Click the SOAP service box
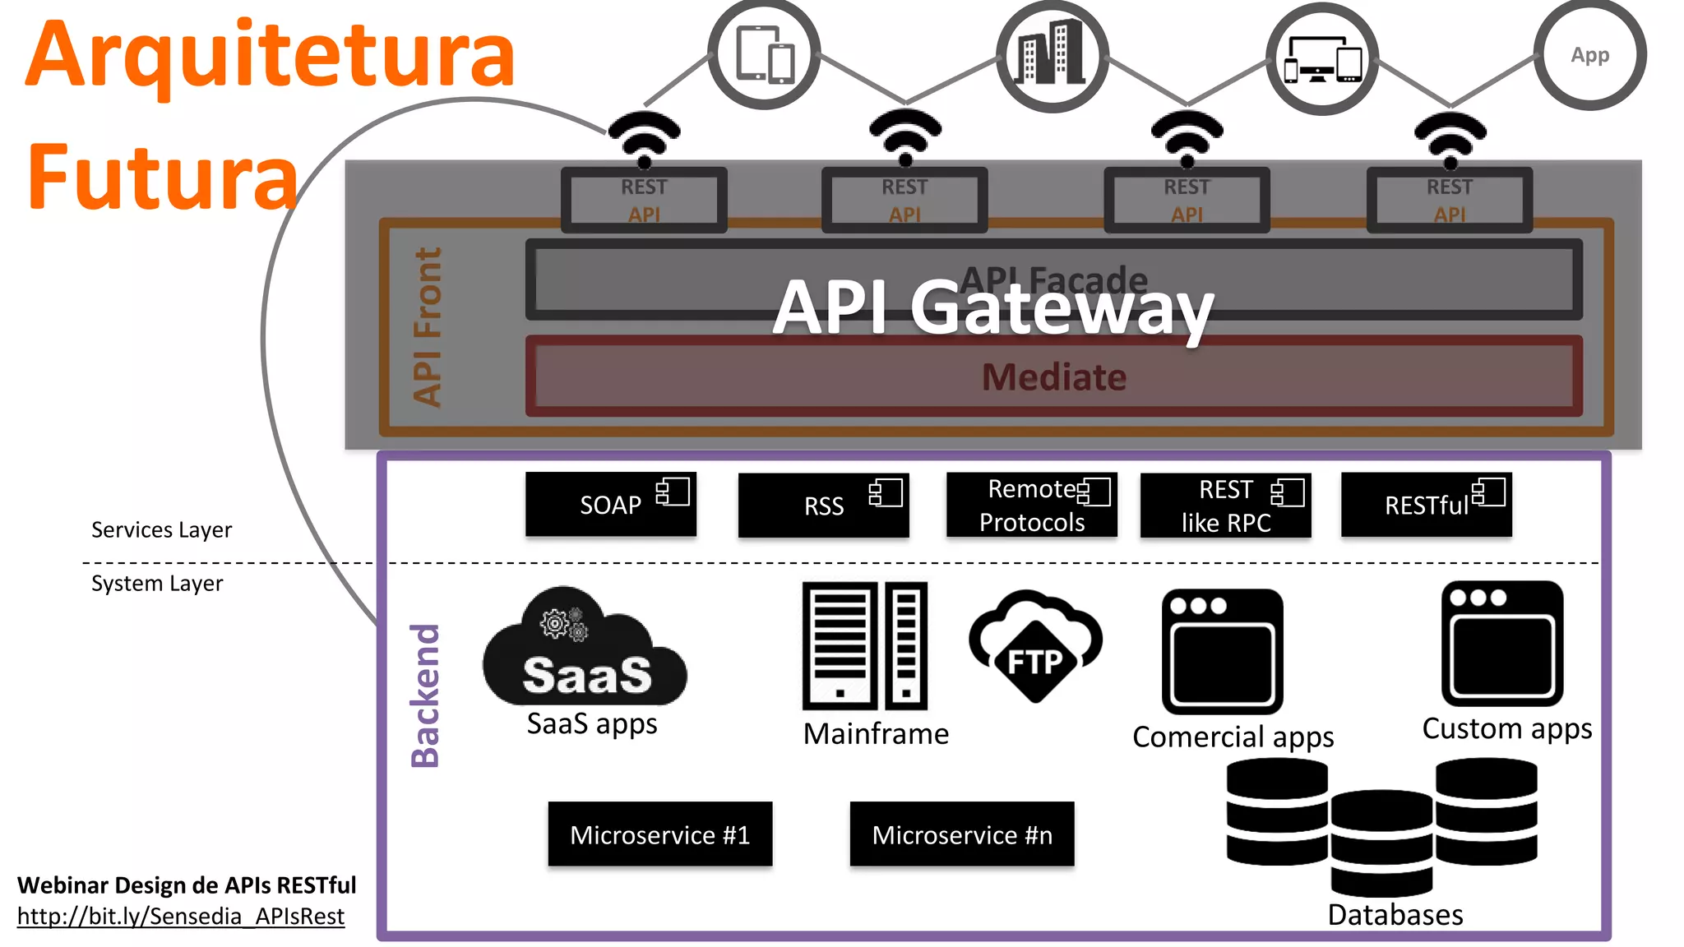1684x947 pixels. (610, 505)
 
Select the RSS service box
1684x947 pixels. (823, 506)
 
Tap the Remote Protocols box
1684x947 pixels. (1031, 506)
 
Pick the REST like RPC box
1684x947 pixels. (1225, 506)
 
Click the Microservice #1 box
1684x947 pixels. (659, 834)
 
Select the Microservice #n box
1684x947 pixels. (961, 834)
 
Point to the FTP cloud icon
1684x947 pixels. (1035, 646)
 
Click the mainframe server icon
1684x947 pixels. (865, 646)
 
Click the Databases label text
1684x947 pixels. (1395, 915)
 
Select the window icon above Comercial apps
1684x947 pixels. (1222, 651)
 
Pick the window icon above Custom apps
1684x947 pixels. (1501, 644)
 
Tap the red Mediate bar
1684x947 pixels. (1053, 377)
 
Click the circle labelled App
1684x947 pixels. (1589, 55)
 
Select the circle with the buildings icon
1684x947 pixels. (1052, 56)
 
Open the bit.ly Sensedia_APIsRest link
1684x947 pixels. (181, 917)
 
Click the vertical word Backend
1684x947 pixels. (426, 695)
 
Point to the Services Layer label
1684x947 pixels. (161, 530)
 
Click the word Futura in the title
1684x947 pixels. (162, 178)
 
